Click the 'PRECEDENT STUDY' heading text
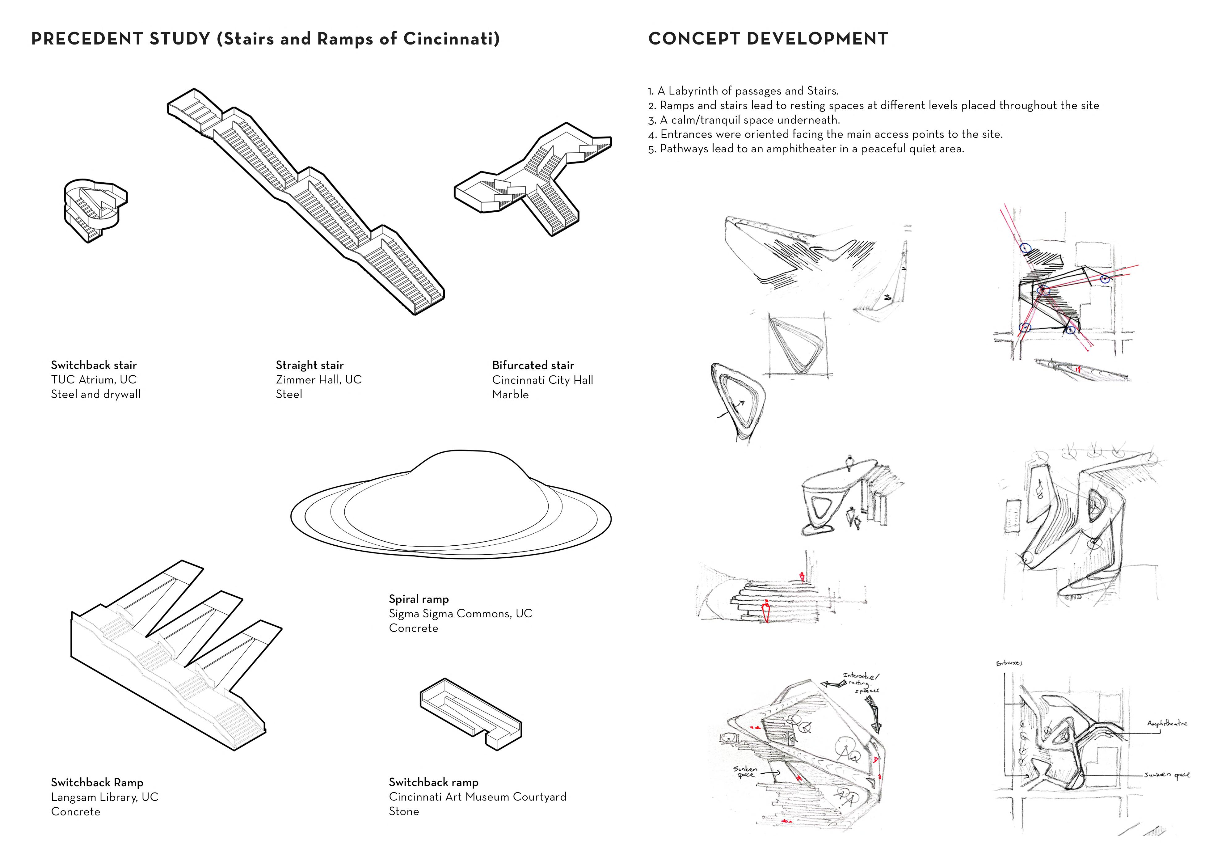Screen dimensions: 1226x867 tap(120, 39)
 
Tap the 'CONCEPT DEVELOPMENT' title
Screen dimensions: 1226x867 tap(768, 39)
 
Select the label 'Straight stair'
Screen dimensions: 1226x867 tap(310, 366)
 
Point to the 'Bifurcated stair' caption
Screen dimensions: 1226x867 tap(533, 366)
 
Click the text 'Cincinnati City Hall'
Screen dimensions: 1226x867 tap(542, 380)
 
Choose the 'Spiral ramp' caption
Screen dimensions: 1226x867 tap(419, 599)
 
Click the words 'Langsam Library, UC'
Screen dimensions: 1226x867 tap(105, 797)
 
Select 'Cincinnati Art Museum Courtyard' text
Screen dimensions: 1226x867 tap(477, 797)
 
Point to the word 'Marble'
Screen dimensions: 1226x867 tap(511, 395)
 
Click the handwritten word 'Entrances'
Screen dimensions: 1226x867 tap(1009, 663)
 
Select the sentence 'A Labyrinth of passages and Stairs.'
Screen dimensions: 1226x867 tap(748, 91)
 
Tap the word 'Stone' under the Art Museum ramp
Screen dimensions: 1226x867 tap(404, 811)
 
